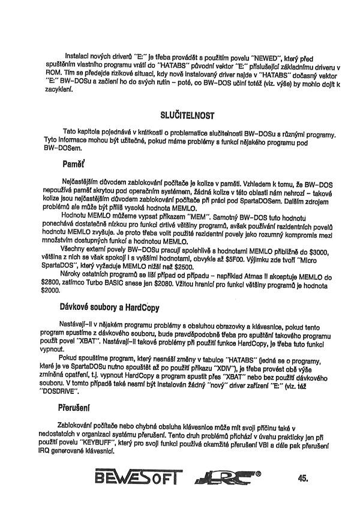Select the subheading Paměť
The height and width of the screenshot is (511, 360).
coord(75,163)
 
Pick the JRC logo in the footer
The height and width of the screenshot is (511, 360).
coord(225,479)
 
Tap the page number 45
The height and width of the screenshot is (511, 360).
coord(302,478)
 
